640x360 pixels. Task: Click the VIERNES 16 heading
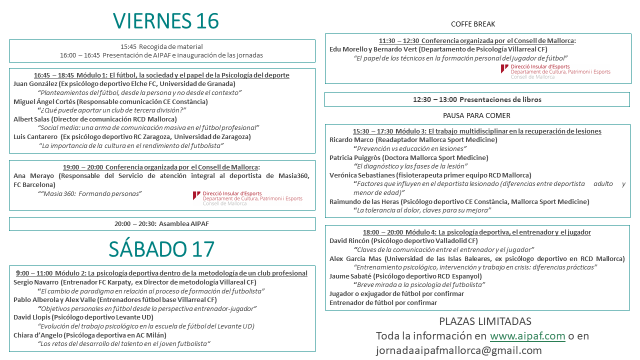coord(166,21)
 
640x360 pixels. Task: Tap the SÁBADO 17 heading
coord(161,249)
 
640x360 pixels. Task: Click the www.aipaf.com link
coord(527,336)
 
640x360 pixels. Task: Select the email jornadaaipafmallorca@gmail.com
coord(458,350)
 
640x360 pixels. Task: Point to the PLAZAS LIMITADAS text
coord(484,321)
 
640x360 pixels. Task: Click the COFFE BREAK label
coord(472,24)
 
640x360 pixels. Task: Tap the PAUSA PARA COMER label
coord(476,115)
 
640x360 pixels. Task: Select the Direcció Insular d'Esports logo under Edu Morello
coord(555,71)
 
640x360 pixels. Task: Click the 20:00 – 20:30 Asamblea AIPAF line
coord(161,224)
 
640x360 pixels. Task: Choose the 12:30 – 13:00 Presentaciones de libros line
coord(477,99)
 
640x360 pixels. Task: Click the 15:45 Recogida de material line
coord(161,46)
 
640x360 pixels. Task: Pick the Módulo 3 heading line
coord(477,131)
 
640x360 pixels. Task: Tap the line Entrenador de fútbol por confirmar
coord(383,302)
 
